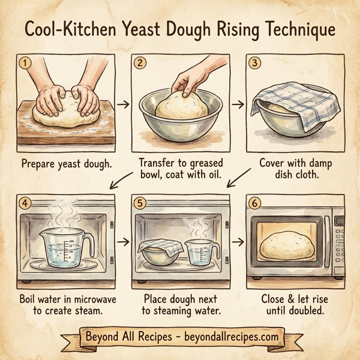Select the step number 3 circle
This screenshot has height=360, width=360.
pyautogui.click(x=254, y=61)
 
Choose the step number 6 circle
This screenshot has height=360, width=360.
pyautogui.click(x=254, y=203)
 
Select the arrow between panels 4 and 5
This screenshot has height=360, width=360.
pyautogui.click(x=122, y=242)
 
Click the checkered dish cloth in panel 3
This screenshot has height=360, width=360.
pyautogui.click(x=294, y=102)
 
